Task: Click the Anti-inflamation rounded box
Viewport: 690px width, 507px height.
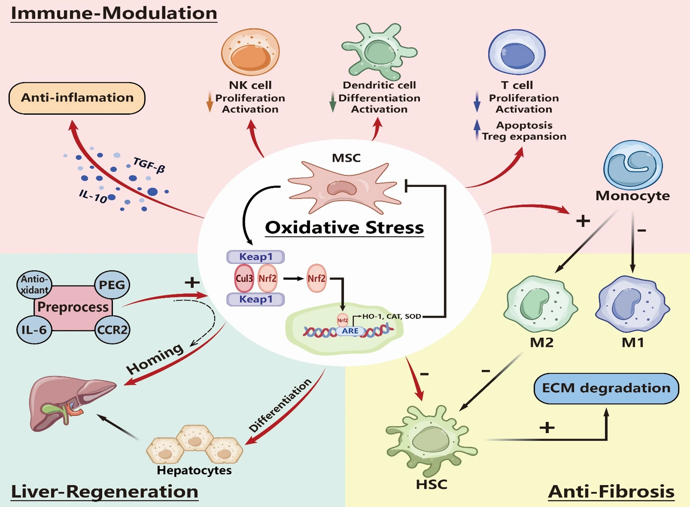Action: [77, 98]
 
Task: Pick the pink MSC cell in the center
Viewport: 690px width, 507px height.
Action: [344, 187]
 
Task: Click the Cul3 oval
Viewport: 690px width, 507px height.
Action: [244, 278]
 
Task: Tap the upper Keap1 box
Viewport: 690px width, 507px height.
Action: [255, 257]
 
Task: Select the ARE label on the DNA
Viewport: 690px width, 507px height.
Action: [350, 331]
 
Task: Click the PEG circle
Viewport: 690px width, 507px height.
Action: [112, 285]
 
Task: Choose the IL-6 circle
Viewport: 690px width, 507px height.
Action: [34, 330]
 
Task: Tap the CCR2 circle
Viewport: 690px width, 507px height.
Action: [112, 330]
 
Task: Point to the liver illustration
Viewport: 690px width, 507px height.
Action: [70, 402]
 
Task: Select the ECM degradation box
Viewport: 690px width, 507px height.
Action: [606, 388]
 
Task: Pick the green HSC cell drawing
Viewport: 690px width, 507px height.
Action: [432, 440]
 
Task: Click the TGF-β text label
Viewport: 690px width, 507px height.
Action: [149, 165]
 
